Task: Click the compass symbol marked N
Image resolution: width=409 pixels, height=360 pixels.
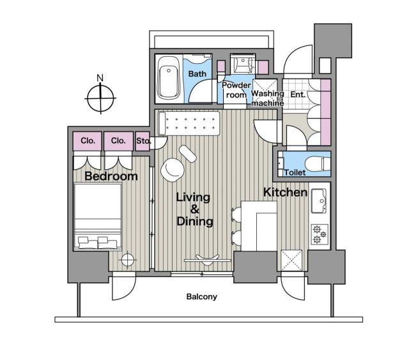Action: (100, 98)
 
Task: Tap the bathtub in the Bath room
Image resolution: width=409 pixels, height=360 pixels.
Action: (169, 78)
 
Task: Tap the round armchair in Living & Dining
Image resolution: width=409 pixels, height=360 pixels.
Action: (172, 169)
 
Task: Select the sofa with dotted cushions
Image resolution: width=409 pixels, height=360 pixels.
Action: (190, 123)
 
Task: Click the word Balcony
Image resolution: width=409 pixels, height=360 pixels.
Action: (202, 297)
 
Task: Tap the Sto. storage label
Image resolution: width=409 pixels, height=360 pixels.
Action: (143, 140)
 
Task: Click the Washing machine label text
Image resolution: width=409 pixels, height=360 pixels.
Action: (267, 98)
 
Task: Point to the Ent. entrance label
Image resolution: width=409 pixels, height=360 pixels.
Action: (298, 94)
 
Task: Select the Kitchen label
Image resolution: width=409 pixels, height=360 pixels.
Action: (286, 192)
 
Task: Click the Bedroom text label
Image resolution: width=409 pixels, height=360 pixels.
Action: (111, 176)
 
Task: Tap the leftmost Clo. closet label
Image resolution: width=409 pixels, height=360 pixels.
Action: (88, 140)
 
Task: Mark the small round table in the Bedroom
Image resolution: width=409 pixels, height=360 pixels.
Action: (128, 260)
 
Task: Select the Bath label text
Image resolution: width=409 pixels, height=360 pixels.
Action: (196, 74)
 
